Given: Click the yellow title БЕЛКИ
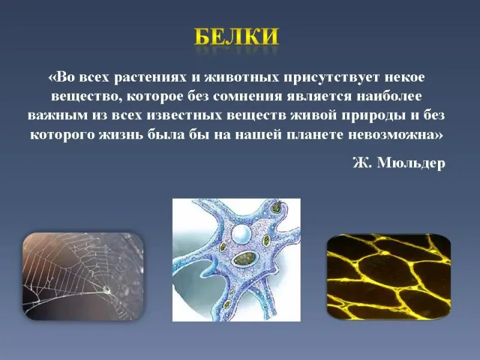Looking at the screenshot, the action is (236, 37).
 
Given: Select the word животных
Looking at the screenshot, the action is (242, 77).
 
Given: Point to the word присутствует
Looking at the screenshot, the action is (332, 78).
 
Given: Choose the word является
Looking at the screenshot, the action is (320, 97).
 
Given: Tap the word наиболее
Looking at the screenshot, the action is (389, 97).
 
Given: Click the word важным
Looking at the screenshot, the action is (58, 116).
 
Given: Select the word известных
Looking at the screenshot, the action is (184, 116).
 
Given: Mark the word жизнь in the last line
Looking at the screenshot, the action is (121, 135).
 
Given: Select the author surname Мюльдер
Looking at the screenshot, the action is (411, 163).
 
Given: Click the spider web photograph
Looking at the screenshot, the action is (83, 277).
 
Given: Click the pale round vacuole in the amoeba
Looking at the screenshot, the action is (241, 233).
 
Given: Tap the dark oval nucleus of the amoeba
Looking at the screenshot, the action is (245, 259).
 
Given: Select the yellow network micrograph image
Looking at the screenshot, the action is (389, 277).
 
